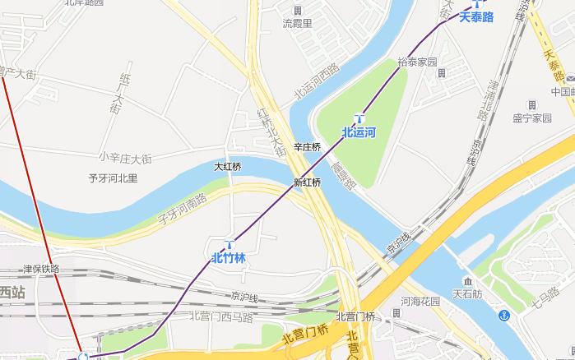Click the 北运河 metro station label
(x=359, y=132)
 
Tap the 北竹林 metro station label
(x=229, y=258)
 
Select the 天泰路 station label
(x=476, y=16)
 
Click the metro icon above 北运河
(x=359, y=117)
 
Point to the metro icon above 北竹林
(x=230, y=244)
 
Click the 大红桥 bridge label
(x=228, y=166)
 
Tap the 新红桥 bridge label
(x=307, y=182)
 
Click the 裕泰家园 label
(x=416, y=62)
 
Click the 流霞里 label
(x=298, y=23)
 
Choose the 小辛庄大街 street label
(x=125, y=157)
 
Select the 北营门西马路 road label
(x=222, y=315)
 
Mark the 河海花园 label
(x=420, y=301)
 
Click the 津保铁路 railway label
(x=41, y=269)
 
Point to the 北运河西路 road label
(x=318, y=84)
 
